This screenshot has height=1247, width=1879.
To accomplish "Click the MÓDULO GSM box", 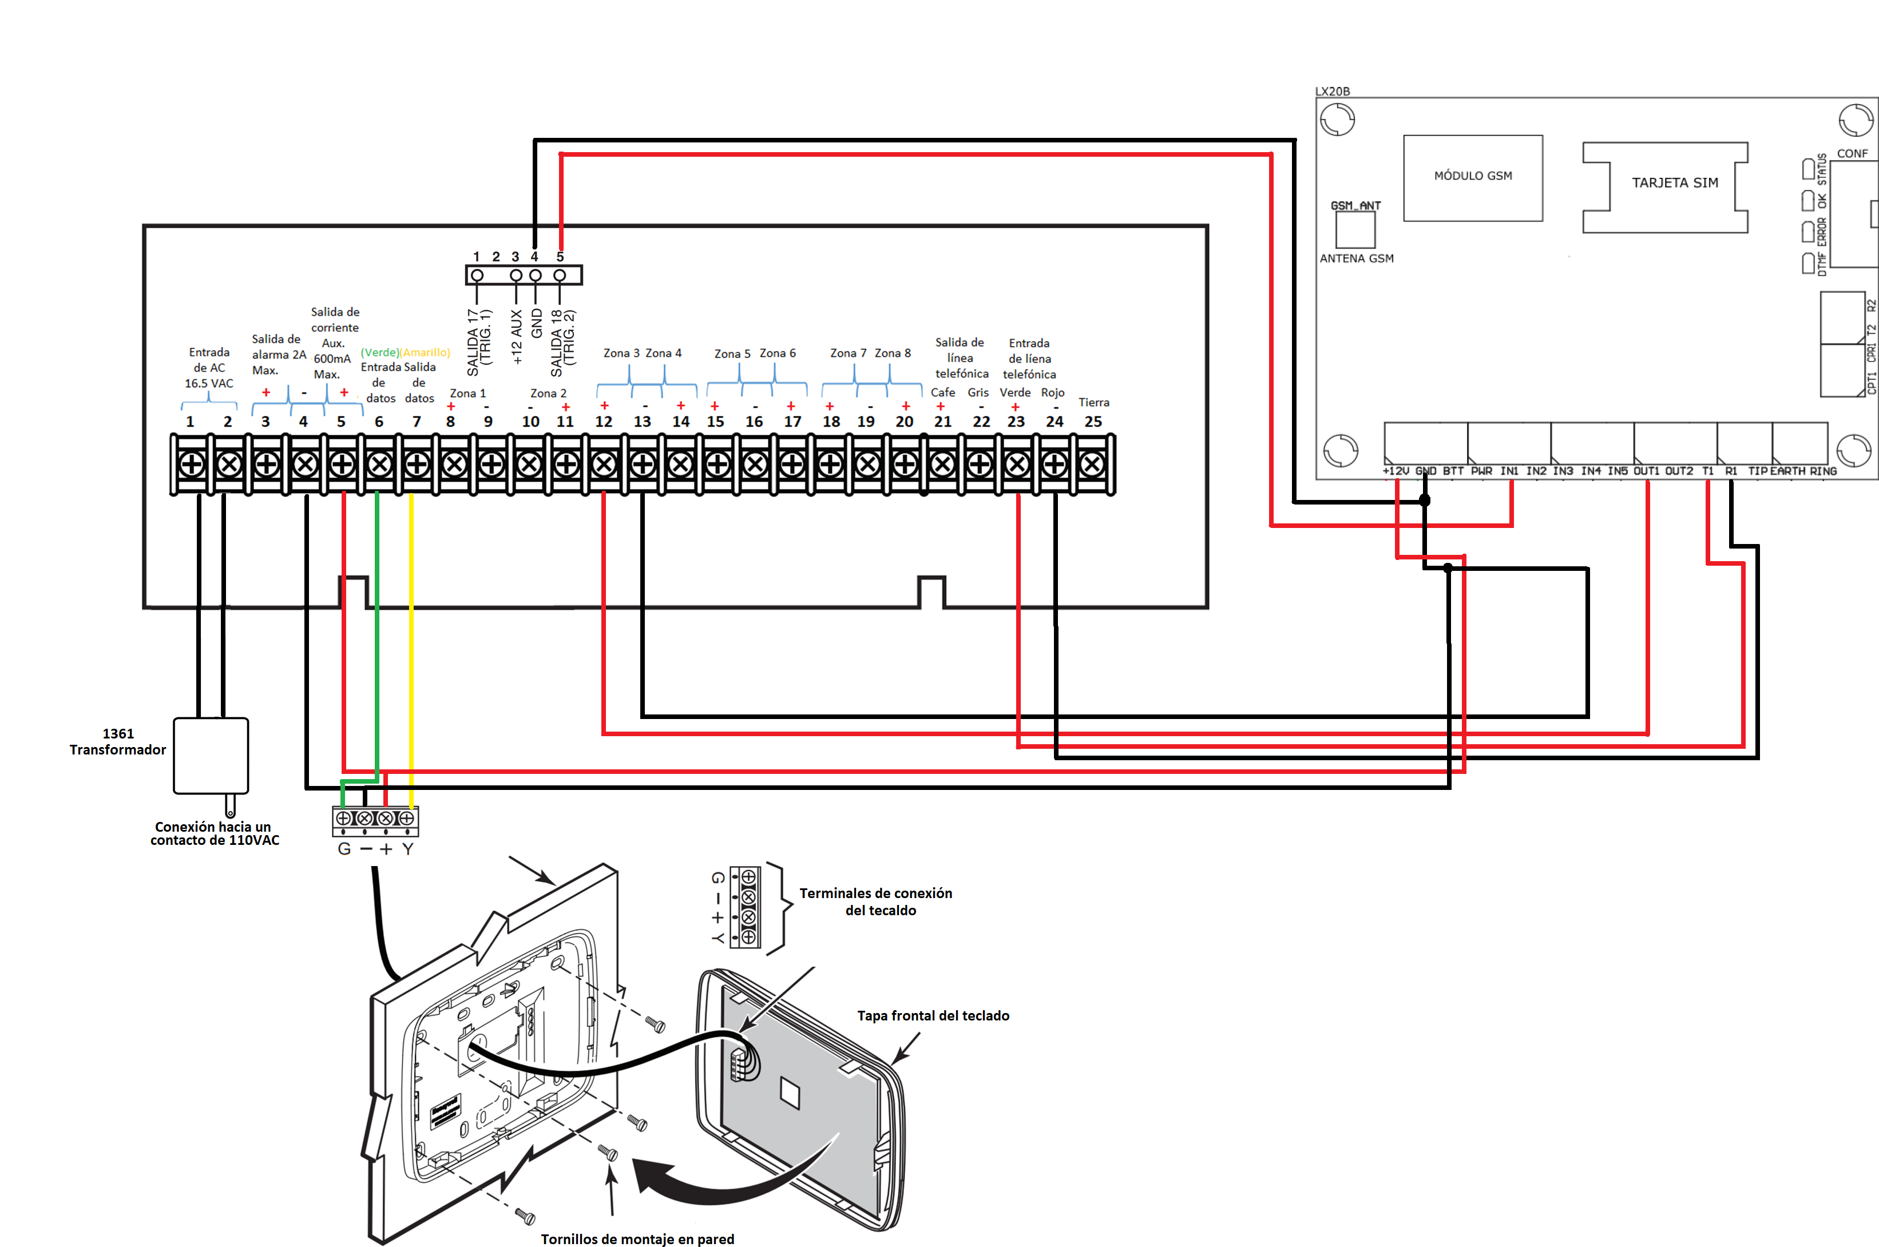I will click(1473, 177).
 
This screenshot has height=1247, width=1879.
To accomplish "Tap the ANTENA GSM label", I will click(1357, 259).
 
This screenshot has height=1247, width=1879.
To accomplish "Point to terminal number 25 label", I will click(1093, 422).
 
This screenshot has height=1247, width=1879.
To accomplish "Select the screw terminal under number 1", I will click(191, 464).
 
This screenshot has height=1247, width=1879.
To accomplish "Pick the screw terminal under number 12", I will click(604, 464).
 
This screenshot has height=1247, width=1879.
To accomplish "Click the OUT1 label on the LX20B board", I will click(1646, 471).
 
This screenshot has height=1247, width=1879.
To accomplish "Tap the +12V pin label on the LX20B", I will click(1396, 471).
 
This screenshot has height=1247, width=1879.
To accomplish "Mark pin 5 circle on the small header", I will click(560, 275).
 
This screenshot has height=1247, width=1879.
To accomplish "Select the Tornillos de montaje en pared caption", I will click(637, 1238).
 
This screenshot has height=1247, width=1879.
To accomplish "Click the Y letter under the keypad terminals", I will click(407, 849).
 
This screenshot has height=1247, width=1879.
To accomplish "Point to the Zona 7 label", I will click(848, 353).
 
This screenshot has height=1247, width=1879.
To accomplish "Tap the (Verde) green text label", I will click(379, 352).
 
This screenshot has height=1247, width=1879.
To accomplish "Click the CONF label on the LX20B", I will click(1852, 153).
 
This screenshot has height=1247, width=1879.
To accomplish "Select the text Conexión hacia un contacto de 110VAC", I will click(214, 833).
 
